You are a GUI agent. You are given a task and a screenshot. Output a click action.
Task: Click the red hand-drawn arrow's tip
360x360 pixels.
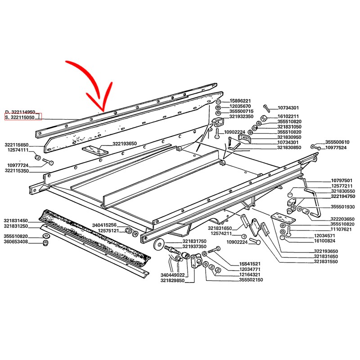103,112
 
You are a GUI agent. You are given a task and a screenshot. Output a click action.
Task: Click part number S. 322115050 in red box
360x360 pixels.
20,117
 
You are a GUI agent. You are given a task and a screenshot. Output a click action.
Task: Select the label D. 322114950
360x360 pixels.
20,112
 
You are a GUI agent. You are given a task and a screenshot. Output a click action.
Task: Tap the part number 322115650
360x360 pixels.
17,145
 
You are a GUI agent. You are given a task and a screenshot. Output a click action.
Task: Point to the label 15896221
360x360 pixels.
240,101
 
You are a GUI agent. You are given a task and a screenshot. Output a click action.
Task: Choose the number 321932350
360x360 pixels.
241,117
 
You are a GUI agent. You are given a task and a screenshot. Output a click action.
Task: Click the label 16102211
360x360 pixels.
288,117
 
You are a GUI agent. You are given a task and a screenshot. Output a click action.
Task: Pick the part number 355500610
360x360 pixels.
337,142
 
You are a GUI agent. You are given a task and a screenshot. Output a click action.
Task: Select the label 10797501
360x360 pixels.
342,180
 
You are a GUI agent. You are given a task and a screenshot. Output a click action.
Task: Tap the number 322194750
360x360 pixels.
343,196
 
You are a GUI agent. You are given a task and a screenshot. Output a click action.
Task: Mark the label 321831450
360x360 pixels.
16,220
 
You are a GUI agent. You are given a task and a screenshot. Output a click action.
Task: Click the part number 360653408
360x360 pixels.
16,242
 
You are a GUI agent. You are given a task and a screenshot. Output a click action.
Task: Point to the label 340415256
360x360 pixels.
104,225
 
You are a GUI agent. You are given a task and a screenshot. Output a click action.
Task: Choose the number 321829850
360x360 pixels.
172,280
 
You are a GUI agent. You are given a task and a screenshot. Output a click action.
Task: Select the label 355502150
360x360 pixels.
251,279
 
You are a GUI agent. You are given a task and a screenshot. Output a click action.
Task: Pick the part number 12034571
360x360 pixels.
324,235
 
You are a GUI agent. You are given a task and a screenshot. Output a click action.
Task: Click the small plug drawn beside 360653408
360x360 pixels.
46,243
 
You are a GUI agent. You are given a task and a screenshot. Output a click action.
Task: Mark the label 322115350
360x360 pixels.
17,171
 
